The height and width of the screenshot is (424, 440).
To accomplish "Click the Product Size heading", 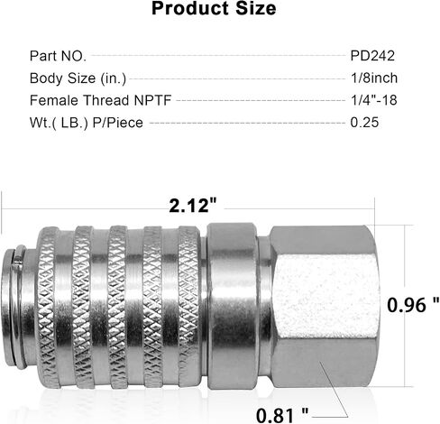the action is tap(214, 8).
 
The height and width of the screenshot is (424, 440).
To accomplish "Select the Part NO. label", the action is tap(58, 56).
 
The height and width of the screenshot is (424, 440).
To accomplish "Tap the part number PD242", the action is tap(372, 56).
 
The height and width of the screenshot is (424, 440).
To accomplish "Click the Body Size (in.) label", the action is tap(78, 78).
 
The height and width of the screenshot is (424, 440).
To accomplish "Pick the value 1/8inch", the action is tap(374, 78).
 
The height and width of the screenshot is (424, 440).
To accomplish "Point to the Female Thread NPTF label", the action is tap(100, 100).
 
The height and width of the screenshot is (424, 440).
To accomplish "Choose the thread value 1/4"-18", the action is tap(374, 100).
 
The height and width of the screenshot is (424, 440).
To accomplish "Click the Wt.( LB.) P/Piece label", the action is tap(87, 123).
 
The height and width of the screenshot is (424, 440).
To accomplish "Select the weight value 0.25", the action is tap(364, 123).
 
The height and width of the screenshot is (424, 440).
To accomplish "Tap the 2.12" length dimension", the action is tap(193, 206).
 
